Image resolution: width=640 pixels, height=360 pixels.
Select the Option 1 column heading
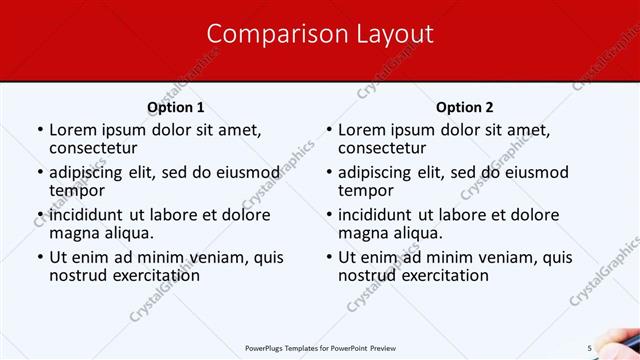pyautogui.click(x=176, y=107)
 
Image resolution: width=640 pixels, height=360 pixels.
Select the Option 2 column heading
pyautogui.click(x=465, y=107)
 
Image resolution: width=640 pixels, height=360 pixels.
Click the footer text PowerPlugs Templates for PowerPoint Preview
pyautogui.click(x=319, y=347)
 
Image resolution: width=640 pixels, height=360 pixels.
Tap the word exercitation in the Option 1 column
pyautogui.click(x=144, y=275)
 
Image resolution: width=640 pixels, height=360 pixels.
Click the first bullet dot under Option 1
pyautogui.click(x=40, y=129)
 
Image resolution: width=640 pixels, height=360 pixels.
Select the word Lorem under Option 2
pyautogui.click(x=362, y=129)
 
